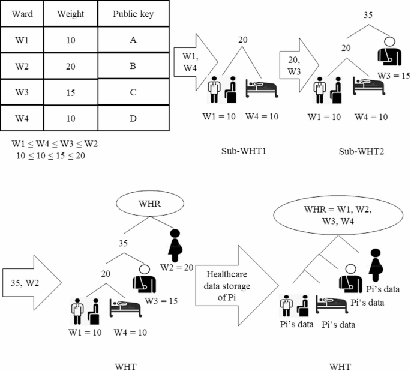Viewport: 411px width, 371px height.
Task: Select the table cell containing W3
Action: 22,92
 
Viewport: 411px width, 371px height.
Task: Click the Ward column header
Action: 22,14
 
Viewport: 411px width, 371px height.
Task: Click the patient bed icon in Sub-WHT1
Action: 262,87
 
